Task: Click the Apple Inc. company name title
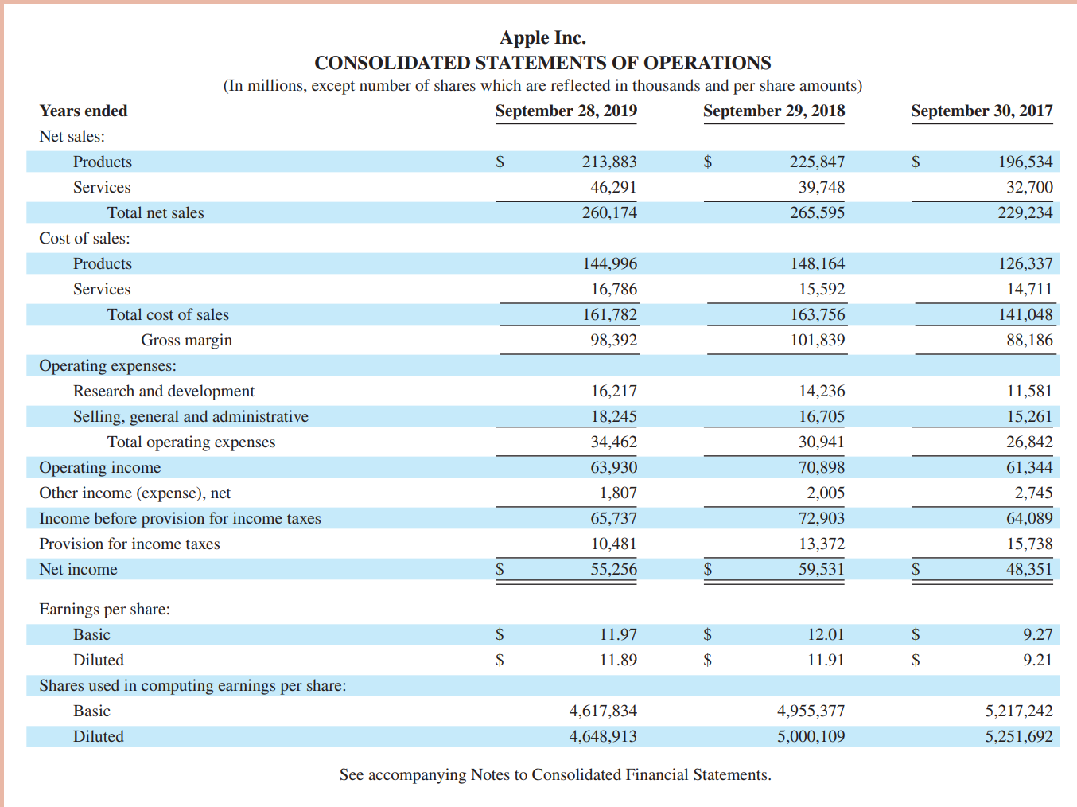click(542, 37)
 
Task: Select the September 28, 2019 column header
click(566, 111)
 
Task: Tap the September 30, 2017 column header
click(981, 111)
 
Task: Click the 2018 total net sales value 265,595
click(817, 212)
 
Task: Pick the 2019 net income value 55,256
click(613, 569)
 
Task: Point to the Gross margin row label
click(186, 340)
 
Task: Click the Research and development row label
click(164, 391)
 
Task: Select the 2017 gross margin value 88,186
click(1028, 340)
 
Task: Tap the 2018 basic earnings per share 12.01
click(826, 634)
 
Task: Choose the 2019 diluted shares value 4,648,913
click(603, 736)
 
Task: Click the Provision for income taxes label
click(130, 544)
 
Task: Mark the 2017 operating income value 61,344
click(1028, 467)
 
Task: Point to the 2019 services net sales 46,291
click(612, 187)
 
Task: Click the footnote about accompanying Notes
click(554, 774)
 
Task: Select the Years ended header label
click(84, 111)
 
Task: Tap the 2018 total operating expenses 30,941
click(821, 442)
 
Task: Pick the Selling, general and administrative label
click(191, 416)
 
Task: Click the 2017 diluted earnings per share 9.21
click(1037, 660)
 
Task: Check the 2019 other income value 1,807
click(618, 493)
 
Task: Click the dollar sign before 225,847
click(707, 162)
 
